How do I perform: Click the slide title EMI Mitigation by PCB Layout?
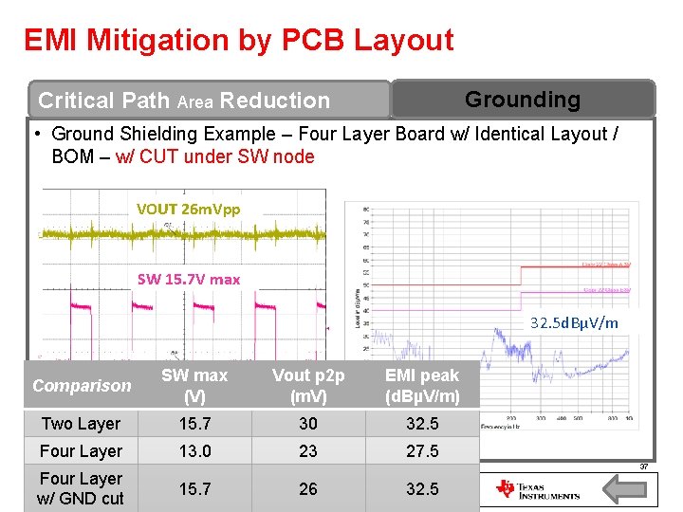(x=239, y=40)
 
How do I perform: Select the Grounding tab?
(x=522, y=99)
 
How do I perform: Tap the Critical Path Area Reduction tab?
(x=184, y=100)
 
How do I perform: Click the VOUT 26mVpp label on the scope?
(x=188, y=209)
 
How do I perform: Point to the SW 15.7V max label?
(x=189, y=279)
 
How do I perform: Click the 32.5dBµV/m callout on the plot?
(x=575, y=322)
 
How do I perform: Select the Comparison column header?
(x=82, y=385)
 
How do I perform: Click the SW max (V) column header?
(x=194, y=386)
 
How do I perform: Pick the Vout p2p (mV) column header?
(x=308, y=386)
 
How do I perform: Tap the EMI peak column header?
(x=421, y=386)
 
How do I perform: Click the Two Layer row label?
(x=81, y=424)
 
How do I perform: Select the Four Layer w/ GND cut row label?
(x=81, y=488)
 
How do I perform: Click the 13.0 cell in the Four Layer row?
(x=194, y=451)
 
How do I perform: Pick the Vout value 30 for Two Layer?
(x=308, y=424)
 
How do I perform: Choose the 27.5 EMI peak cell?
(x=422, y=451)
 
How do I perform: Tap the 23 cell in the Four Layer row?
(x=308, y=451)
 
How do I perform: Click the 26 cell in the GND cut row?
(x=308, y=489)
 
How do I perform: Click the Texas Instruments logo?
(x=537, y=490)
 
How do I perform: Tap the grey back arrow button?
(x=625, y=490)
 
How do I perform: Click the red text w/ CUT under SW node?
(x=215, y=156)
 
